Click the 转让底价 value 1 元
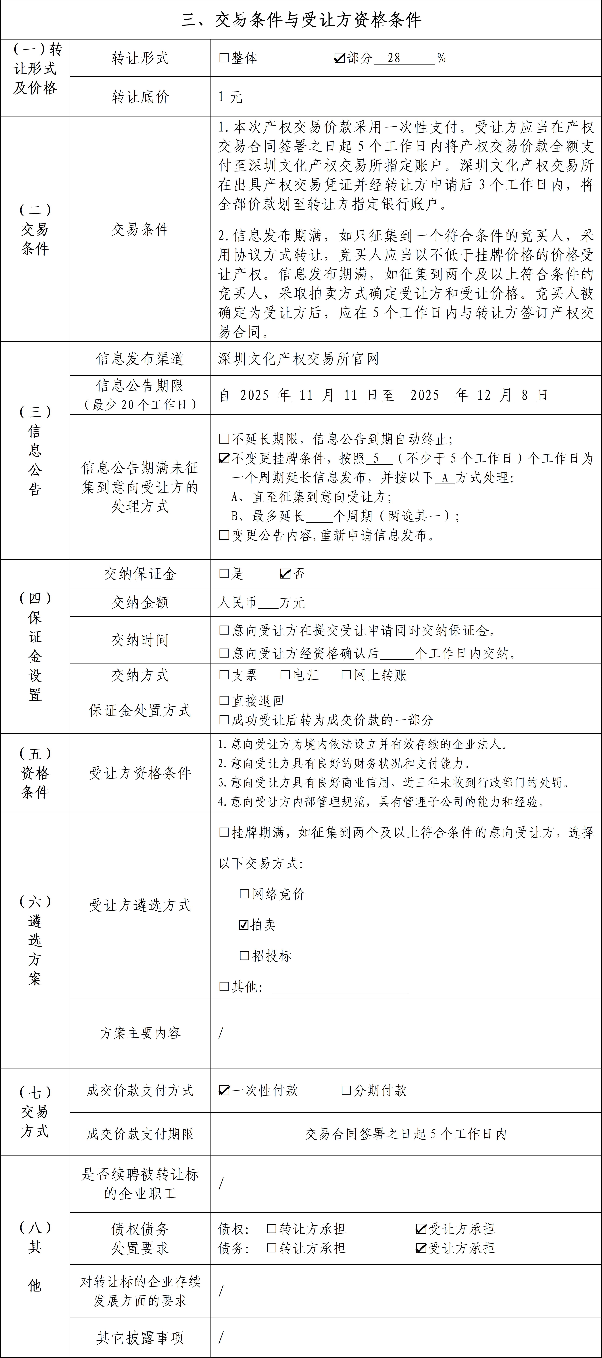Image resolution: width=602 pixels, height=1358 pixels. click(230, 97)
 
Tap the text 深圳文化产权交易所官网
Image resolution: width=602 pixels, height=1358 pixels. click(298, 359)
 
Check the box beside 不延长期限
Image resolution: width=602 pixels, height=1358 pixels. click(224, 439)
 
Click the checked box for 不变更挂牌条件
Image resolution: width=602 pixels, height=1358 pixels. click(224, 458)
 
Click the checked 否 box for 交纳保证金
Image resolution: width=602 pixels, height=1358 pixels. click(285, 574)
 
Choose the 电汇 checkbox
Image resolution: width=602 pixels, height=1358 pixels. click(285, 675)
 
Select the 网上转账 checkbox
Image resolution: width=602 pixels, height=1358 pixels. click(346, 675)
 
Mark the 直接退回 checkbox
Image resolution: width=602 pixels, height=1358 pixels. click(224, 701)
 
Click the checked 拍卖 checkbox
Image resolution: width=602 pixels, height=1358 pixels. click(244, 925)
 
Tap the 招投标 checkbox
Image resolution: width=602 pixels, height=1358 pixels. click(244, 955)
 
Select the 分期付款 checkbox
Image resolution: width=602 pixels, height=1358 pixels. click(346, 1090)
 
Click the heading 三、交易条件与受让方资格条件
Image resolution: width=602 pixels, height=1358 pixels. click(301, 20)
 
